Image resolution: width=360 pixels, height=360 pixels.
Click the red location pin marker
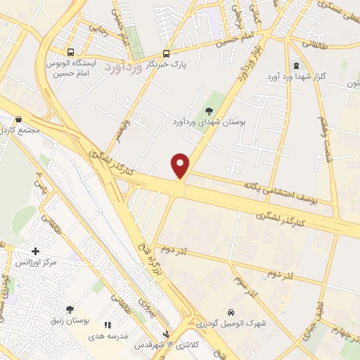coord(181,166)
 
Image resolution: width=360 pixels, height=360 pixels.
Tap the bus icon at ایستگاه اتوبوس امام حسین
coord(70,52)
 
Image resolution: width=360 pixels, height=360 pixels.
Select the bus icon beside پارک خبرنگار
coord(166,53)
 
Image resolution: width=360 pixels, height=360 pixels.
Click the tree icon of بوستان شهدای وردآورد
coord(208,110)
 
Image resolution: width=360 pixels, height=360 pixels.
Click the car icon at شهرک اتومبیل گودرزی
coord(231,312)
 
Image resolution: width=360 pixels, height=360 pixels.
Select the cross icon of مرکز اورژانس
coord(35,251)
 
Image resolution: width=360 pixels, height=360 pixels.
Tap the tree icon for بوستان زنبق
coord(70,309)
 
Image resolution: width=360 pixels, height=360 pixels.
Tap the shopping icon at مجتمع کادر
coord(18,120)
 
